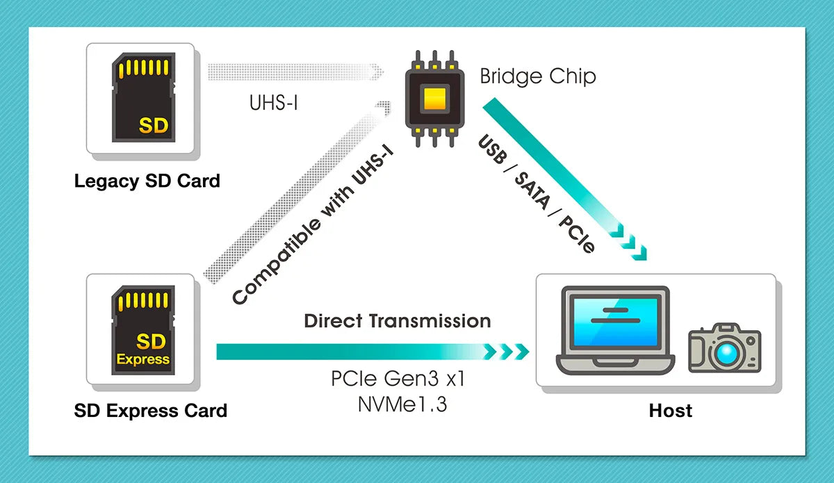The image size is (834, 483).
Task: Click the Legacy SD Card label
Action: pos(147,181)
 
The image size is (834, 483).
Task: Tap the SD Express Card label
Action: pos(150,411)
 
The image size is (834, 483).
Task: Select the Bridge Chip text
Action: pos(537,76)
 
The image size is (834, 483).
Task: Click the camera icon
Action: pos(724,349)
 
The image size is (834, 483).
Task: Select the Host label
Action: pos(670,411)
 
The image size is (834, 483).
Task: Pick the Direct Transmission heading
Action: pos(398,321)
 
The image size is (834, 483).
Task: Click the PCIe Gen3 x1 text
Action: pos(398,380)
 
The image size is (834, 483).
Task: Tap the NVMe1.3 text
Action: pos(398,404)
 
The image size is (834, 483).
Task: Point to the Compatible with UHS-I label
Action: pos(313,231)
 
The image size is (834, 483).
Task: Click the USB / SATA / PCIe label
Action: pos(537,193)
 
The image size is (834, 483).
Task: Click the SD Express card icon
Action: pos(142,330)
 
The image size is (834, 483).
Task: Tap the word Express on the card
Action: pos(142,359)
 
